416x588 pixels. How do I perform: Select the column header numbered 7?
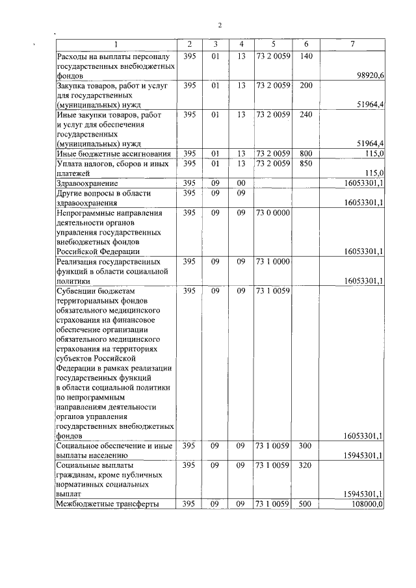(x=352, y=44)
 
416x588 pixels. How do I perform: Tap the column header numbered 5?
(x=273, y=44)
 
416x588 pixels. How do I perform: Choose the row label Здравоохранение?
(x=87, y=184)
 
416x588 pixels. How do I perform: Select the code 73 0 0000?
(x=273, y=212)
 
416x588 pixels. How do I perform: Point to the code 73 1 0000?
(x=273, y=261)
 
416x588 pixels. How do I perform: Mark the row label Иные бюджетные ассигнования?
(x=114, y=154)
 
